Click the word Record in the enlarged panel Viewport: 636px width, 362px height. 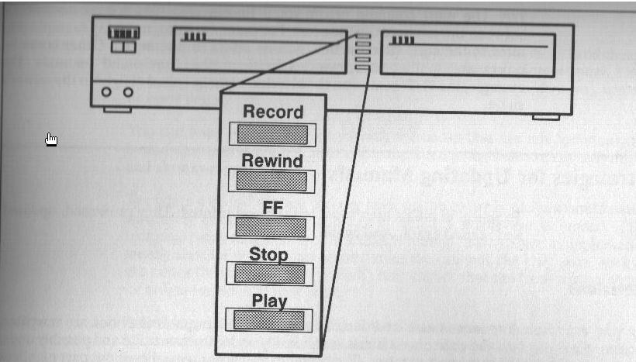tap(272, 112)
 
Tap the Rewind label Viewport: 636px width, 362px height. tap(272, 160)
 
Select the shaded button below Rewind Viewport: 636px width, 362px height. tap(271, 181)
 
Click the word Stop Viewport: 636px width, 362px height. tap(268, 254)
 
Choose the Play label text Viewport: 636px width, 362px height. tap(269, 301)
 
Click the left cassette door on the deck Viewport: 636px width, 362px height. tap(259, 50)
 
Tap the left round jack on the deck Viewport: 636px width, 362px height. tap(107, 92)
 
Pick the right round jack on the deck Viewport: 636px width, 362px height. tap(128, 92)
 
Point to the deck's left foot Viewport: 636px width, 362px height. tap(117, 109)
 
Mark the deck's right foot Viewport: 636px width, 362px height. tap(545, 116)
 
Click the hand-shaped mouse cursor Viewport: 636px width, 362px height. tap(51, 139)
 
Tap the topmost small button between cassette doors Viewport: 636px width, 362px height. tap(364, 36)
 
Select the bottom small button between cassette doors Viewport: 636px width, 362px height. tap(364, 68)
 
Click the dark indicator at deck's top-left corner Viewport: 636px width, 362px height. tap(123, 33)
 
